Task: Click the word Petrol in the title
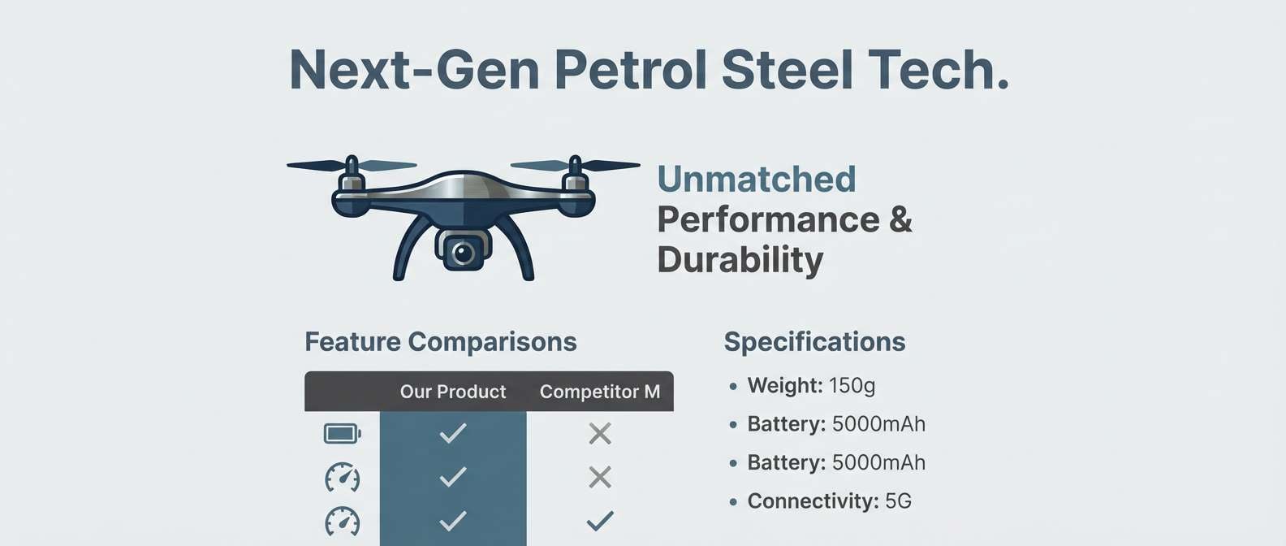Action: point(629,70)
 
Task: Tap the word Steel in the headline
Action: point(787,70)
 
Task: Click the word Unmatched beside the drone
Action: point(756,180)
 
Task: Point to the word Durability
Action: point(740,260)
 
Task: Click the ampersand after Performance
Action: point(900,219)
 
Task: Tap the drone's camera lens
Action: point(464,253)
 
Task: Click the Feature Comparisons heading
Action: point(440,342)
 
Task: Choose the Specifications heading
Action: point(814,342)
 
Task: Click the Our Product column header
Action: point(452,392)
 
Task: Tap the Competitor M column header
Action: point(599,392)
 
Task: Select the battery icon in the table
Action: point(342,434)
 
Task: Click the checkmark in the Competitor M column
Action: point(600,520)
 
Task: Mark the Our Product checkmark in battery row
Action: point(452,434)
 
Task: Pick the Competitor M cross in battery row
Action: point(600,434)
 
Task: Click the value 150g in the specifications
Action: point(852,385)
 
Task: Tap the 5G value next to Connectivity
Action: point(898,501)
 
